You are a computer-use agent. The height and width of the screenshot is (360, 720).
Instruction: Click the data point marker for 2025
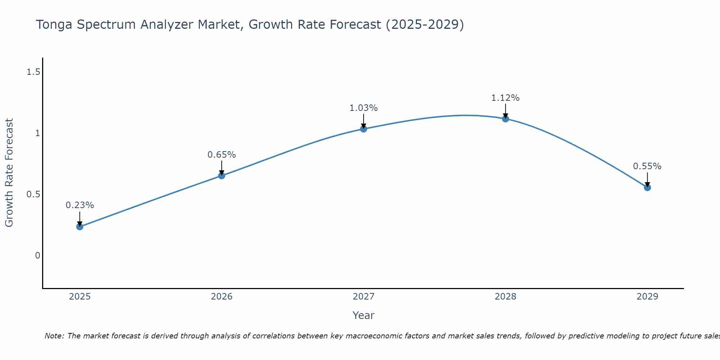click(80, 226)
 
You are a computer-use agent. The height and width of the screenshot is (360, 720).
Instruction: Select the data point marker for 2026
click(222, 176)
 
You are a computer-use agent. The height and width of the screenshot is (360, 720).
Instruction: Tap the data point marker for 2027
click(364, 129)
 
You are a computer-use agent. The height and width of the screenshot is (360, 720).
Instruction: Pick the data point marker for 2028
click(505, 118)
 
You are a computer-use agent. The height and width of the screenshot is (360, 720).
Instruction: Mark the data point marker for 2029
click(647, 187)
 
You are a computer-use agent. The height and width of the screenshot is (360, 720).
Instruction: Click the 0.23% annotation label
click(80, 205)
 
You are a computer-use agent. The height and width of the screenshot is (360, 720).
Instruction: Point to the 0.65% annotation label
click(222, 155)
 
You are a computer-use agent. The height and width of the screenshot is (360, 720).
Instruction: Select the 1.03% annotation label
click(364, 108)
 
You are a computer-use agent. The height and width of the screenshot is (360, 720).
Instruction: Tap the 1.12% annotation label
click(505, 98)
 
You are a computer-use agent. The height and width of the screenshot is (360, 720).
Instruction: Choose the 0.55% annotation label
click(647, 166)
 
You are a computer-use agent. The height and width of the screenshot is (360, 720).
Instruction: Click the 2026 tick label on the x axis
click(222, 297)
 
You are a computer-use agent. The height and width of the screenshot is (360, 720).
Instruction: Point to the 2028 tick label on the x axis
click(505, 297)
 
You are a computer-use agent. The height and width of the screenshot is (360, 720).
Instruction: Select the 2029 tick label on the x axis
click(647, 297)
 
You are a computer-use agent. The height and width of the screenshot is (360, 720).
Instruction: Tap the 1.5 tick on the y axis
click(33, 72)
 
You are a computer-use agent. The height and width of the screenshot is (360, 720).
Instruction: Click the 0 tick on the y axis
click(37, 256)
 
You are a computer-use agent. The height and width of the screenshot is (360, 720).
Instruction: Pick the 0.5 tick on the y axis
click(33, 194)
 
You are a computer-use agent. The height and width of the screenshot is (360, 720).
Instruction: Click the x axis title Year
click(364, 315)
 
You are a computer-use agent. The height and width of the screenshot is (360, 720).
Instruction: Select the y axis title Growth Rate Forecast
click(9, 173)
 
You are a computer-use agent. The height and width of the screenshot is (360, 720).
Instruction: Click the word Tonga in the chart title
click(54, 25)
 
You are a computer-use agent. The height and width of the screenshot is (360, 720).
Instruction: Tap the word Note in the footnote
click(54, 336)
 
